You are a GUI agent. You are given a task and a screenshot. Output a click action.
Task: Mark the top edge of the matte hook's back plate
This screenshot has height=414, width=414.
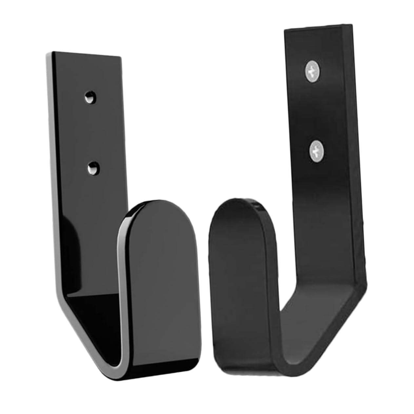tap(318, 27)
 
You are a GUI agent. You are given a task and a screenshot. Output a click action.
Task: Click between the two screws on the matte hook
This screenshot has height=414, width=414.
tap(314, 110)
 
